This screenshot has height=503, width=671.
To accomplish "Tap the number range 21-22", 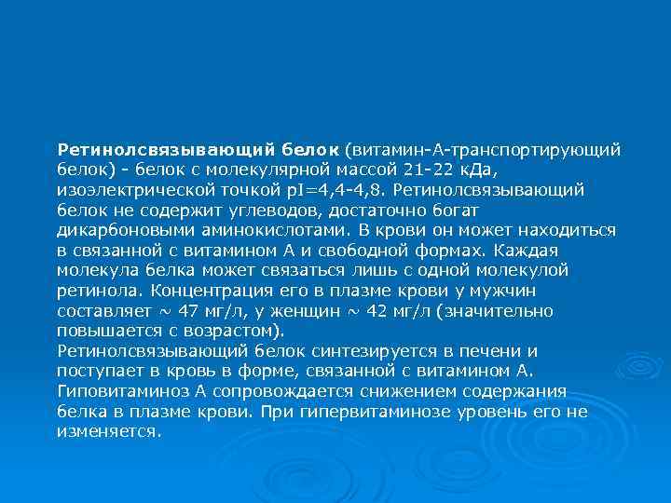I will tap(447, 169).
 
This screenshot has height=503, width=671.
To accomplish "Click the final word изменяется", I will tap(108, 432).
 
